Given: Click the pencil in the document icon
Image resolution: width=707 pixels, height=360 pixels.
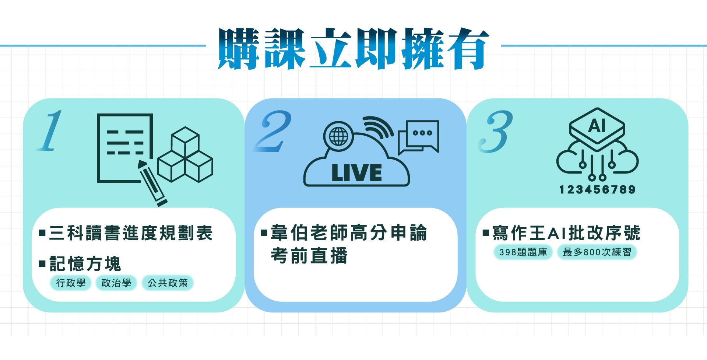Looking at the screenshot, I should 152,183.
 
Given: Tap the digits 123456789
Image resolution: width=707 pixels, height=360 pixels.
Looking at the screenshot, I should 597,190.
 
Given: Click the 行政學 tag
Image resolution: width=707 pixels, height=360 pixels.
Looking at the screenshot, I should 71,283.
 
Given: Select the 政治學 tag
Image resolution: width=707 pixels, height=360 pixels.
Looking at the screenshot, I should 116,283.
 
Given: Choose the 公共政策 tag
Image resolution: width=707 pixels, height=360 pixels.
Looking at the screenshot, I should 168,283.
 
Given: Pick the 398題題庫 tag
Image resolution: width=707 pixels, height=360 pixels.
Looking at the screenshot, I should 523,252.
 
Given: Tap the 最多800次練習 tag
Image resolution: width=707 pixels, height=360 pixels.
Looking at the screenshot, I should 597,252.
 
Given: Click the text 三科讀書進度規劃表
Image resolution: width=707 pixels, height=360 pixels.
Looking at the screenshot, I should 131,233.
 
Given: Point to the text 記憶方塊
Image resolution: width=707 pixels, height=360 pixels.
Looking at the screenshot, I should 85,264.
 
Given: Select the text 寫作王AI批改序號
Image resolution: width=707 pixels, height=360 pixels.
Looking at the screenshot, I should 566,233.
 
